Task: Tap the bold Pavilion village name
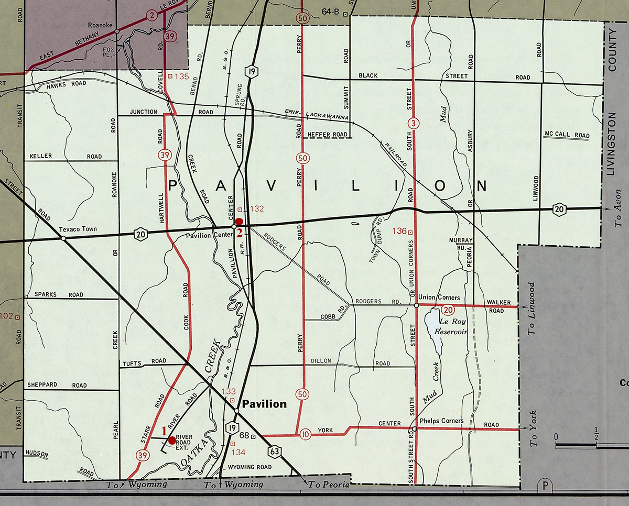(x=264, y=404)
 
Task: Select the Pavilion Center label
(x=209, y=235)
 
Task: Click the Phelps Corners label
(x=441, y=421)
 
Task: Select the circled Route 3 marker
(x=414, y=124)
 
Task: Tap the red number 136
(x=399, y=230)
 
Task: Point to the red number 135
(x=181, y=76)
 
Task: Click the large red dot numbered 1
(x=172, y=440)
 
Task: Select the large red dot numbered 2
(x=238, y=222)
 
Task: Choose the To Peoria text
(x=329, y=485)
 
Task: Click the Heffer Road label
(x=328, y=135)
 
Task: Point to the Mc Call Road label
(x=567, y=135)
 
